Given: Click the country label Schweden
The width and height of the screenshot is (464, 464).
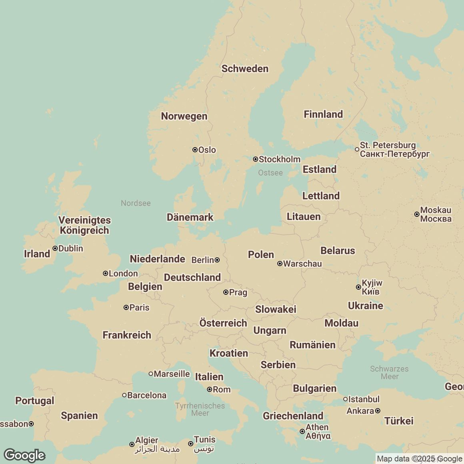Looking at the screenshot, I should point(245,69).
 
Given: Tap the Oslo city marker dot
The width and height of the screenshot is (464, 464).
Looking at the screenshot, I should point(195,150).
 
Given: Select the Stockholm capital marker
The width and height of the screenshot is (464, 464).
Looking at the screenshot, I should point(255,159).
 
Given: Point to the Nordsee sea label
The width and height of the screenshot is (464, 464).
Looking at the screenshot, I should point(136,203).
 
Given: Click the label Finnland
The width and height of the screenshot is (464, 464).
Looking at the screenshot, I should point(323,114).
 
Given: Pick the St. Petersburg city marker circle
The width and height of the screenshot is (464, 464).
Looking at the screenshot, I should point(357,149).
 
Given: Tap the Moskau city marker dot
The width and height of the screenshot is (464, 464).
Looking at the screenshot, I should point(416,214).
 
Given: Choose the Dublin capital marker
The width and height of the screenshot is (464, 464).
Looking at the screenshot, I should point(55,248).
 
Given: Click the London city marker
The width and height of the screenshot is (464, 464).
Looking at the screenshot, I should point(105,274).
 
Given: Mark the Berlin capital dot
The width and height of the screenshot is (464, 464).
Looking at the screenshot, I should point(217,260).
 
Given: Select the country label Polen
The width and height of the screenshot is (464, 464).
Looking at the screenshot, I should point(261,255).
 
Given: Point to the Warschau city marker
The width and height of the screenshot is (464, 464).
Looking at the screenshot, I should point(280,264).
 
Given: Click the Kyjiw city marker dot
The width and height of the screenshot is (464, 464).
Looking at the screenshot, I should point(358,287).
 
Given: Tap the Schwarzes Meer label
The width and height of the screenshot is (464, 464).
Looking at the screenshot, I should point(389,372).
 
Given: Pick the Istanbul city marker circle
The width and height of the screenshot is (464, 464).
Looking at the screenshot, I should point(345,399).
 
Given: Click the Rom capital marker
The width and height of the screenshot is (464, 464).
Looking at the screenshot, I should point(209,389).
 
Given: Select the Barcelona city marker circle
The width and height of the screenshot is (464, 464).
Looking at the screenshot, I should point(124,395).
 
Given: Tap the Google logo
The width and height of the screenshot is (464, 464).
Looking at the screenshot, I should point(24,455).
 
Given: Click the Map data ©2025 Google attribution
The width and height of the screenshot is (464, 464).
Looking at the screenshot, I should point(419,459).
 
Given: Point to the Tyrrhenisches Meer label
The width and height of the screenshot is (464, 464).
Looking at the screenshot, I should point(200,409).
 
